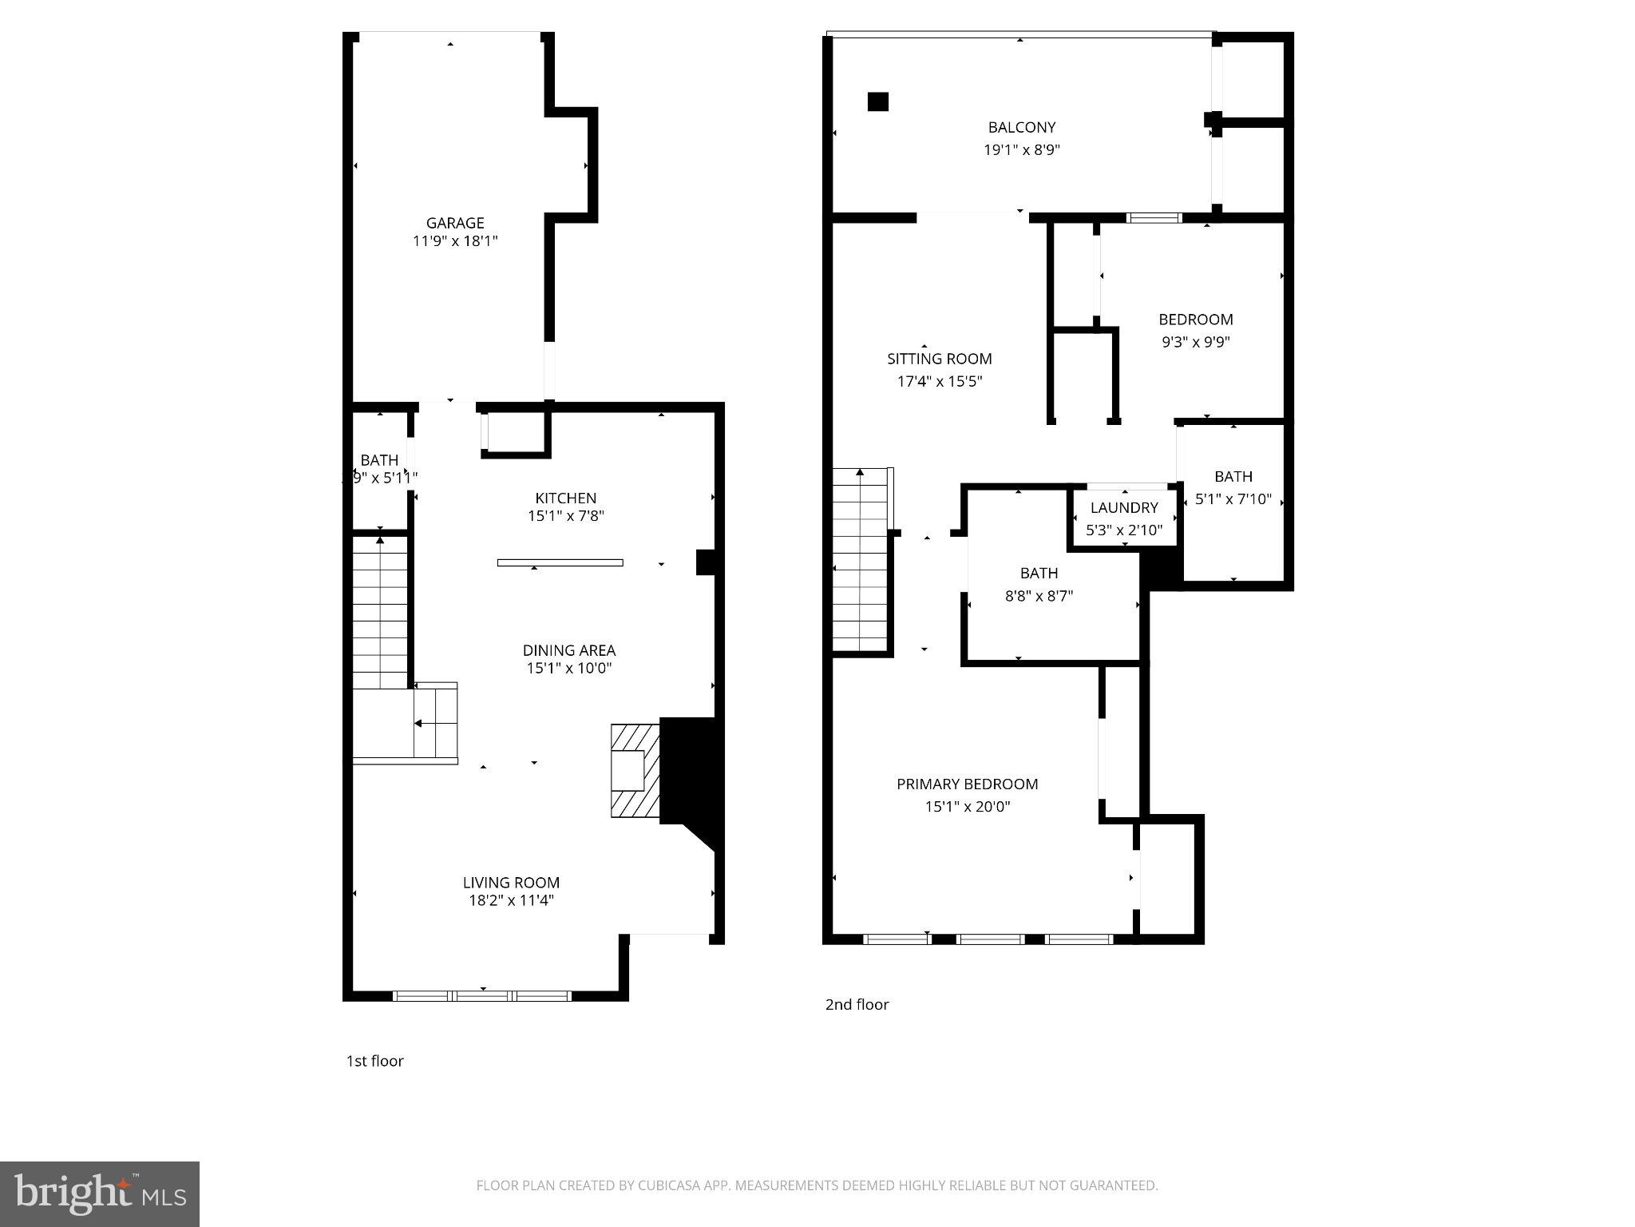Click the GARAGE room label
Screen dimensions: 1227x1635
pyautogui.click(x=454, y=223)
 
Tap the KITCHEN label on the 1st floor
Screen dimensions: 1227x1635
pyautogui.click(x=565, y=498)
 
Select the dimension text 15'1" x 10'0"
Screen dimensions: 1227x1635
pyautogui.click(x=568, y=668)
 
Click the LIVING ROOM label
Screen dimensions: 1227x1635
pyautogui.click(x=511, y=882)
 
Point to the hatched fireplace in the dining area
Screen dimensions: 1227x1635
pyautogui.click(x=635, y=770)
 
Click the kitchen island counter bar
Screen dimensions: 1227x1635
pyautogui.click(x=560, y=562)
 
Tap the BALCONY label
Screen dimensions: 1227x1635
pyautogui.click(x=1021, y=127)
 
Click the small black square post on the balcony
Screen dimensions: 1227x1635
pyautogui.click(x=877, y=101)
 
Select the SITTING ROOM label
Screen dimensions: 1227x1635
pyautogui.click(x=939, y=359)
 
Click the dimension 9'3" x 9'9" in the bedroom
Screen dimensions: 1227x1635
pyautogui.click(x=1195, y=342)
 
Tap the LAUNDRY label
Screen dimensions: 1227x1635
pyautogui.click(x=1124, y=507)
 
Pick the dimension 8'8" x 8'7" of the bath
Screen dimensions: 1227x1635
pyautogui.click(x=1039, y=595)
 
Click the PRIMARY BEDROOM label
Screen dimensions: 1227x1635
pyautogui.click(x=967, y=784)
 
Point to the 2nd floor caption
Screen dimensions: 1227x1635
pyautogui.click(x=857, y=1004)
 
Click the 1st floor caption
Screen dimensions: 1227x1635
pyautogui.click(x=374, y=1061)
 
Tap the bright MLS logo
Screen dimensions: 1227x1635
pyautogui.click(x=99, y=1193)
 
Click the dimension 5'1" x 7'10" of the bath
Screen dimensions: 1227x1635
pyautogui.click(x=1233, y=499)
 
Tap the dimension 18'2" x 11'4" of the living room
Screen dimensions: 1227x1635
pyautogui.click(x=511, y=900)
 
